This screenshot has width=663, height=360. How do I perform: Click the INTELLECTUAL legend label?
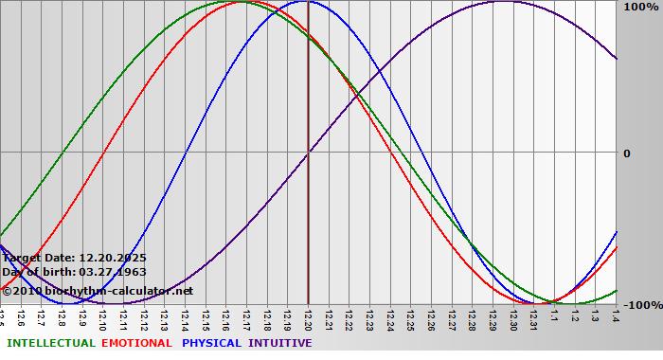click(x=50, y=343)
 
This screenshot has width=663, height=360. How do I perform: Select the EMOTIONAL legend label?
click(x=136, y=343)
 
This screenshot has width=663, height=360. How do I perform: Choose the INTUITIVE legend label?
click(x=280, y=343)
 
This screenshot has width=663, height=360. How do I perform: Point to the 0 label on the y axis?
click(x=626, y=153)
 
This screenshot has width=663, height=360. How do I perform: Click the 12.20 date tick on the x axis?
click(x=308, y=316)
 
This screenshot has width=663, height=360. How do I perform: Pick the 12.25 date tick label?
click(x=410, y=316)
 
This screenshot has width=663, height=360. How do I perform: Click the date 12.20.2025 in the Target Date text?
click(x=113, y=257)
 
